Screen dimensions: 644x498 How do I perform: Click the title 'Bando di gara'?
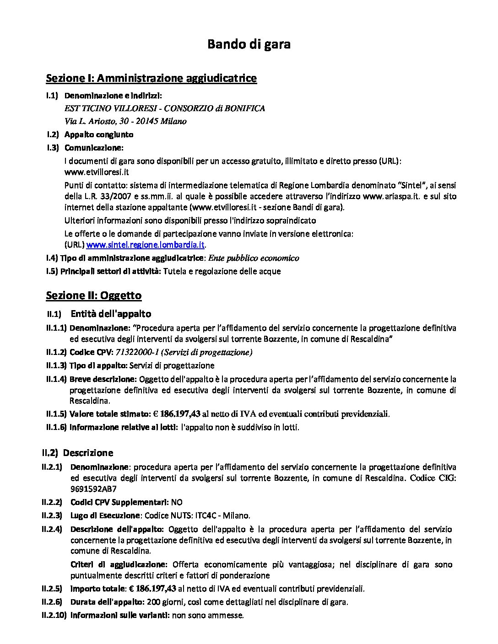(x=249, y=44)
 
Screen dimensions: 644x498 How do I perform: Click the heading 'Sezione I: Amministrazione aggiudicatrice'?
(x=151, y=78)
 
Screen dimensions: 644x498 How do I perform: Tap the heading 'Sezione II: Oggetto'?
(x=93, y=295)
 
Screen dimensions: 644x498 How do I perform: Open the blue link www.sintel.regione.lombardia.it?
(x=145, y=245)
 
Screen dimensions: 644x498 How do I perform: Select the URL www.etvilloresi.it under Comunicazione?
(x=97, y=172)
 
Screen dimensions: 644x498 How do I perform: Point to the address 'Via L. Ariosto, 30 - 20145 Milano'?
(x=125, y=121)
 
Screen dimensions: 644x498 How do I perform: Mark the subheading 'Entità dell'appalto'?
(x=111, y=314)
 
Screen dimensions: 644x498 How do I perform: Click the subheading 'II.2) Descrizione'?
(x=77, y=453)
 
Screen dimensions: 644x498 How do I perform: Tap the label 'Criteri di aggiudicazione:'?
(x=119, y=564)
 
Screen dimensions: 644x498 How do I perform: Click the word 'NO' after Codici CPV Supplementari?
(x=177, y=502)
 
